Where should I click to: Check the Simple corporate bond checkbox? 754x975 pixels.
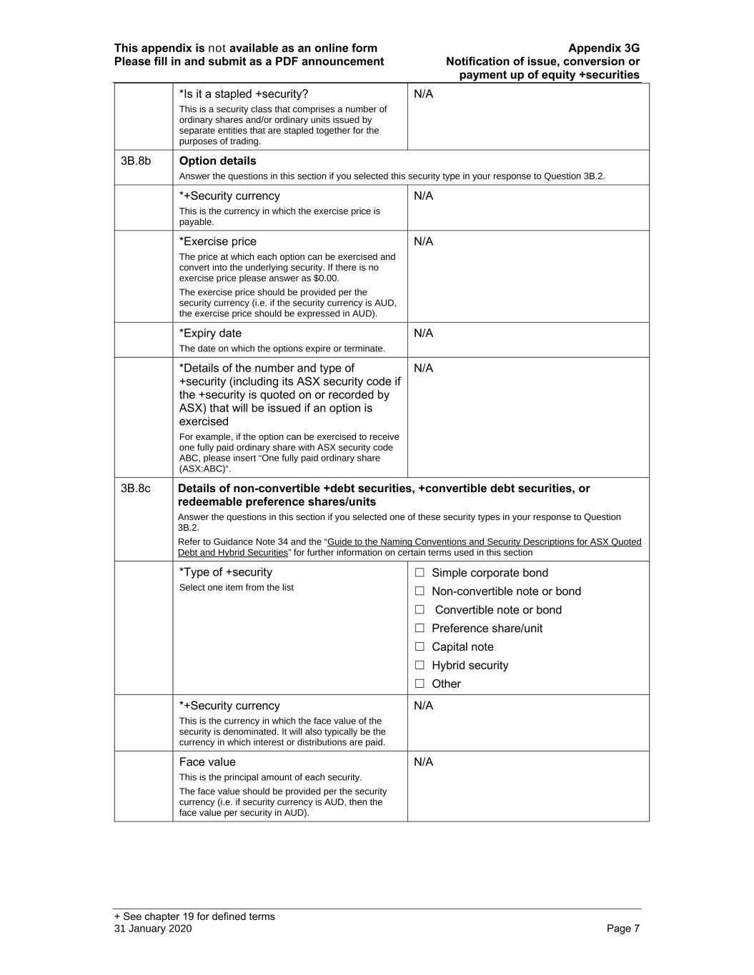coord(420,573)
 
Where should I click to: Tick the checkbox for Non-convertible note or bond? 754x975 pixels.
coord(420,591)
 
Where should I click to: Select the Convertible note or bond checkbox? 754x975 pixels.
coord(420,610)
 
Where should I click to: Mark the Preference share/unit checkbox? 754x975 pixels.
coord(420,629)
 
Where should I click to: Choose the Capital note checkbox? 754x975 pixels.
coord(420,647)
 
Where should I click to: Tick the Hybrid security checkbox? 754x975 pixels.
coord(420,666)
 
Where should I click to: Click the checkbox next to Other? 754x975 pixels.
coord(420,684)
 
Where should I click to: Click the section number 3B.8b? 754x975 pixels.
coord(136,161)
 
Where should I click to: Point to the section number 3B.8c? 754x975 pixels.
coord(136,489)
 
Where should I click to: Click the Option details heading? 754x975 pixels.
coord(217,161)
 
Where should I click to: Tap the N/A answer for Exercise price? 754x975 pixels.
coord(423,242)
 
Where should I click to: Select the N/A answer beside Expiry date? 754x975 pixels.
coord(423,334)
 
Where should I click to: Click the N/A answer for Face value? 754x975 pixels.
coord(423,762)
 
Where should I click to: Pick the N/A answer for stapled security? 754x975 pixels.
coord(423,94)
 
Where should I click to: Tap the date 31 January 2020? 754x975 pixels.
coord(153,929)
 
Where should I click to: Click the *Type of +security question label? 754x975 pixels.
coord(226,572)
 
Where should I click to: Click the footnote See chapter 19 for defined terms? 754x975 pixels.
coord(194,917)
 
